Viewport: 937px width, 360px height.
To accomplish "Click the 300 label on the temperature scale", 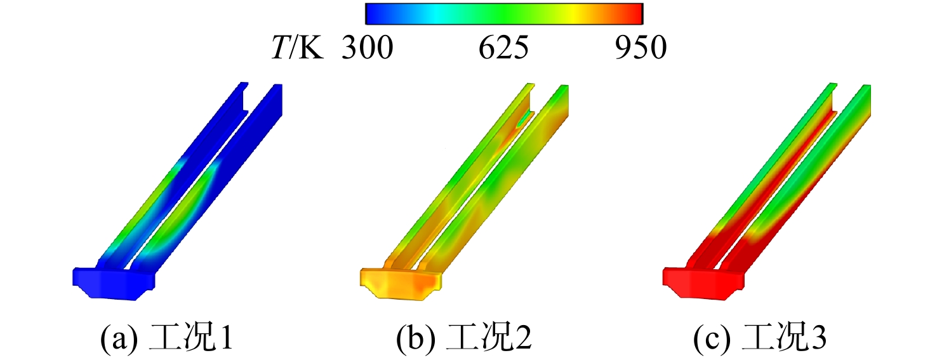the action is pyautogui.click(x=368, y=48).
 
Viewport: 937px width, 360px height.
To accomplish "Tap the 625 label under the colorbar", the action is pyautogui.click(x=503, y=48).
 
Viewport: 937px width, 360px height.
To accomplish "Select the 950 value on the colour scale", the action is pyautogui.click(x=641, y=48).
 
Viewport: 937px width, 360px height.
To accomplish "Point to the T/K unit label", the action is pyautogui.click(x=298, y=48).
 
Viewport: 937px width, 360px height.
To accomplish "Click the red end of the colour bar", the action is pyautogui.click(x=636, y=14).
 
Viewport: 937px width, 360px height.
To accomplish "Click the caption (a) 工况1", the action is pyautogui.click(x=166, y=338).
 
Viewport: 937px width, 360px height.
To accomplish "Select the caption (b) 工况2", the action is pyautogui.click(x=464, y=338).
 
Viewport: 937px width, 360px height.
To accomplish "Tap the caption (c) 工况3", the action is pyautogui.click(x=760, y=338).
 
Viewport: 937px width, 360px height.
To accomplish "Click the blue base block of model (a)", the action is pyautogui.click(x=114, y=283).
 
